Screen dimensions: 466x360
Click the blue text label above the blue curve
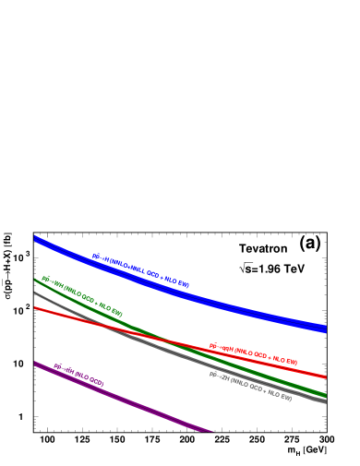pyautogui.click(x=140, y=270)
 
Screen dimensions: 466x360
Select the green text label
pyautogui.click(x=81, y=295)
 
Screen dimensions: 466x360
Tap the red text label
pyautogui.click(x=253, y=354)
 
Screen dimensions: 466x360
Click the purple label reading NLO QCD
pyautogui.click(x=78, y=375)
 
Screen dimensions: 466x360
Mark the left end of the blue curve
pyautogui.click(x=35, y=239)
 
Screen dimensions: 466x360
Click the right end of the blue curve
pyautogui.click(x=326, y=328)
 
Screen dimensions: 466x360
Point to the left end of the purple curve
pyautogui.click(x=35, y=364)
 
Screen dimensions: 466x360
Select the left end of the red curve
pyautogui.click(x=35, y=307)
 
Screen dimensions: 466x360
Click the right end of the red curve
pyautogui.click(x=326, y=376)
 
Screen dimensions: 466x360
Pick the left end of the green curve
pyautogui.click(x=35, y=280)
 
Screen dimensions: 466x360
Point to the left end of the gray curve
pyautogui.click(x=35, y=293)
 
